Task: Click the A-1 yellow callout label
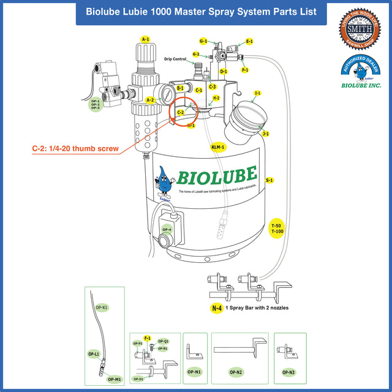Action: [145, 39]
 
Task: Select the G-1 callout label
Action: [203, 41]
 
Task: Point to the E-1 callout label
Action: [249, 42]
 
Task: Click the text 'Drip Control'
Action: [175, 59]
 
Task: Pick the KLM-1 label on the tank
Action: [218, 147]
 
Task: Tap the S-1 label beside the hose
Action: [269, 181]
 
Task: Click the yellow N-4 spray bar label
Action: [217, 309]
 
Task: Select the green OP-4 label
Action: [167, 230]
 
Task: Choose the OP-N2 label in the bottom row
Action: [236, 372]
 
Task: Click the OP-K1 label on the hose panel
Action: [102, 306]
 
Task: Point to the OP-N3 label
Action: [288, 372]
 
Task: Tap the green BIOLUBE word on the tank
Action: [217, 176]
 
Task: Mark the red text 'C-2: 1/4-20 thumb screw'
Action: [75, 148]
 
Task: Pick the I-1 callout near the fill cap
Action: [257, 93]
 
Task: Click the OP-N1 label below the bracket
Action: [195, 372]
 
